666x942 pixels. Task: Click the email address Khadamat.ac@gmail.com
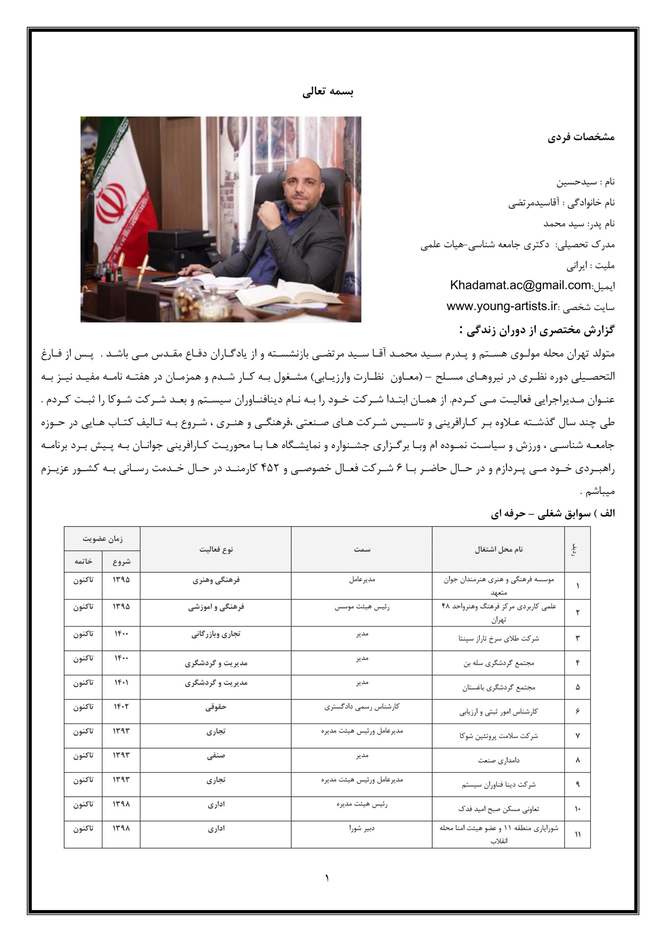[x=520, y=285]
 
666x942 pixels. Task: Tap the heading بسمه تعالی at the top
[x=328, y=92]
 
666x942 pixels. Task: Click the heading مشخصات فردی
[x=581, y=138]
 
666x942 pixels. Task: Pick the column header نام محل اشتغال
[x=498, y=549]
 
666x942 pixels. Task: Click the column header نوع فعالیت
[x=216, y=549]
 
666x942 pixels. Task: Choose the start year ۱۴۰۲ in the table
[x=121, y=706]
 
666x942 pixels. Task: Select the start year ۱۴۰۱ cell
[x=121, y=682]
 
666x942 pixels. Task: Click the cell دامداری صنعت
[x=498, y=760]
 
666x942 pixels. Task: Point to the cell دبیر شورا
[x=362, y=828]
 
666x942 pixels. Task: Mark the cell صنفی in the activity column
[x=216, y=755]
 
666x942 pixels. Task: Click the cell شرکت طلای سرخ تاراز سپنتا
[x=498, y=638]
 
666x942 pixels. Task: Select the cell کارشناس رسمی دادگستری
[x=362, y=706]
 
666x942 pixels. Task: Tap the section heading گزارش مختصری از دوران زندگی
[x=538, y=330]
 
